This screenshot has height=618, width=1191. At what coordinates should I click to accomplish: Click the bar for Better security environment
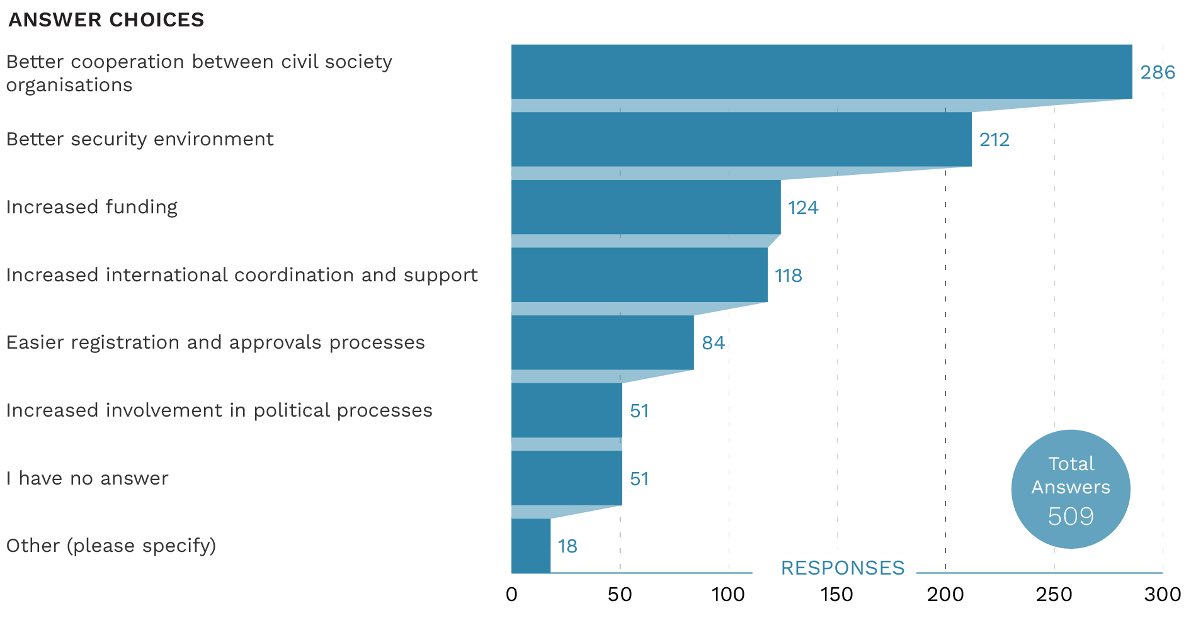point(741,139)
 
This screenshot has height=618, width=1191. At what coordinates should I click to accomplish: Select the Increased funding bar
point(646,207)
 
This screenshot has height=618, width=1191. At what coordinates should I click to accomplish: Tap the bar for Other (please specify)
point(531,546)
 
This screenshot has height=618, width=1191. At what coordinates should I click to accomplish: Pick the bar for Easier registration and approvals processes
point(602,342)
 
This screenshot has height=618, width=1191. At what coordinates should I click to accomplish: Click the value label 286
point(1158,72)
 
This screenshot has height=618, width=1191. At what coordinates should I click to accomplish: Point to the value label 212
point(994,140)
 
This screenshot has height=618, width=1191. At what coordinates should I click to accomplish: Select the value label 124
point(803,208)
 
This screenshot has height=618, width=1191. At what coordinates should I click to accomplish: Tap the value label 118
point(789,276)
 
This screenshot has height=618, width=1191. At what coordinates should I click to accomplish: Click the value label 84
point(713,343)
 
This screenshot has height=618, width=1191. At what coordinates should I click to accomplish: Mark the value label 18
point(567,546)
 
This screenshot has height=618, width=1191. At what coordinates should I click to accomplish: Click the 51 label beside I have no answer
point(639,479)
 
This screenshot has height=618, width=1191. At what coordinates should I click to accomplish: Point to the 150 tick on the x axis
point(837,595)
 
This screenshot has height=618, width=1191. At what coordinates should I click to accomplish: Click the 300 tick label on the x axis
point(1163,595)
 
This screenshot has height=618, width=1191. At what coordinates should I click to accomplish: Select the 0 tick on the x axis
point(511,595)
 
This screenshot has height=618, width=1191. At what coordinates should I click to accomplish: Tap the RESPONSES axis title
point(843,568)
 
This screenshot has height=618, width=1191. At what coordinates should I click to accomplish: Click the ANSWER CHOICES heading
point(106,20)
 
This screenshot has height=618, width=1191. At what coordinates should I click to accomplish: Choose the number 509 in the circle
point(1071,517)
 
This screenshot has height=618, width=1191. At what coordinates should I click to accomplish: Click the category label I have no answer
point(88,478)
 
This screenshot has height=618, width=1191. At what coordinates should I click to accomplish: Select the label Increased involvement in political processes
point(219,410)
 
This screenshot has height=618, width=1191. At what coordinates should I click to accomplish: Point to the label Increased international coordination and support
point(242,275)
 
